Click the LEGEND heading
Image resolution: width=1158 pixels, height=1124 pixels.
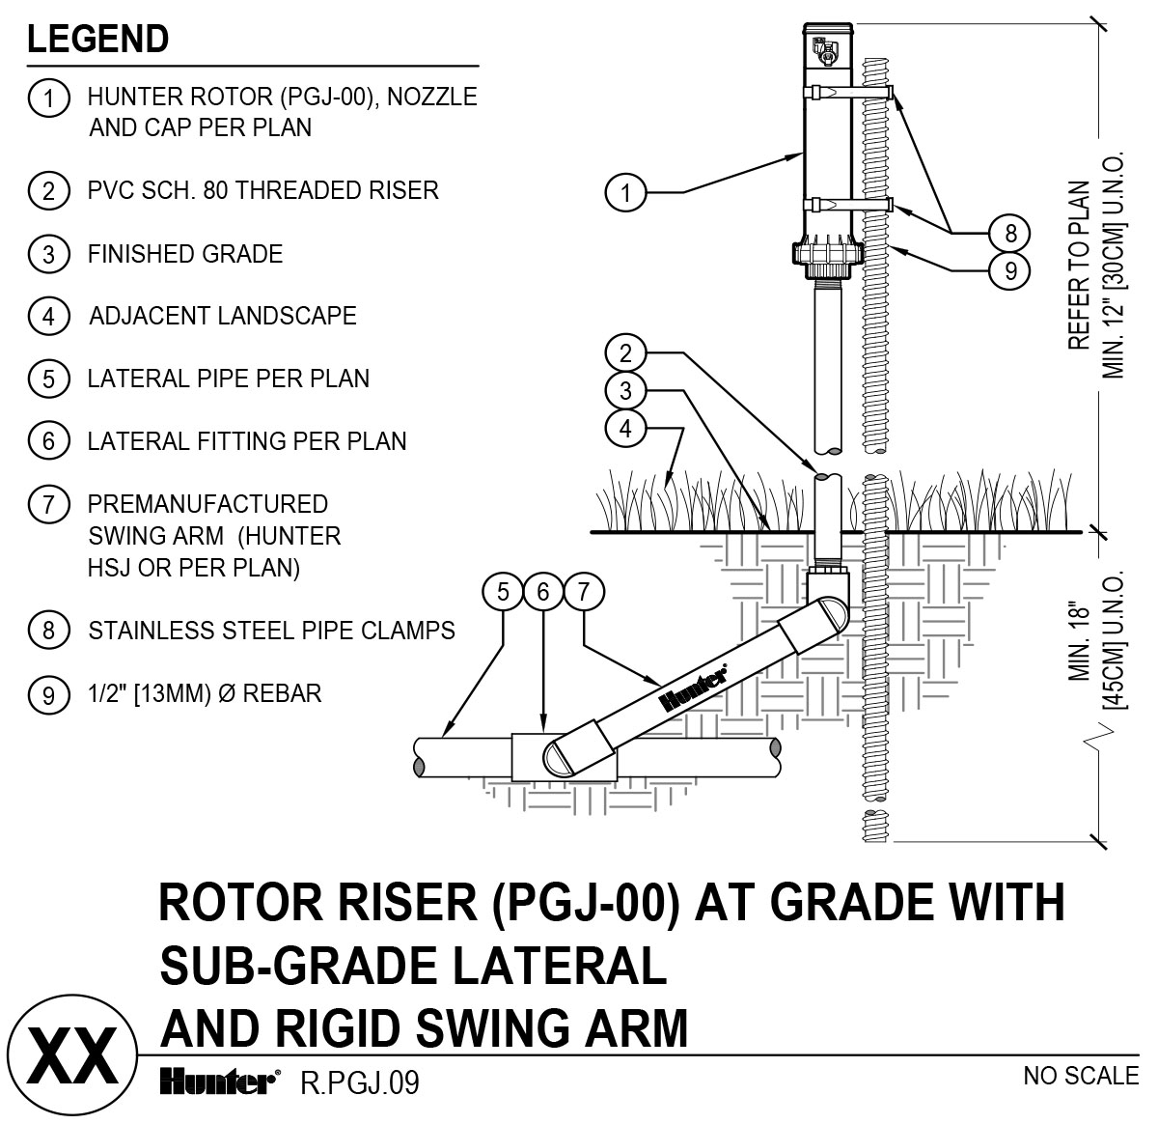click(x=98, y=40)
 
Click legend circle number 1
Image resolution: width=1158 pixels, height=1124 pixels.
click(x=48, y=98)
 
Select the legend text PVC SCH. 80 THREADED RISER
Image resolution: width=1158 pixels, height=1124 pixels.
click(x=262, y=190)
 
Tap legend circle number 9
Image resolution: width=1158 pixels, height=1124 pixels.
click(x=48, y=694)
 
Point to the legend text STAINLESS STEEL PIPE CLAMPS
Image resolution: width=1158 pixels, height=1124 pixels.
click(x=271, y=632)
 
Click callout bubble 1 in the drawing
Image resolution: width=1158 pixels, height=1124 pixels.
click(x=625, y=193)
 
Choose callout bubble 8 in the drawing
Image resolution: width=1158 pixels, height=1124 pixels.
click(x=1010, y=233)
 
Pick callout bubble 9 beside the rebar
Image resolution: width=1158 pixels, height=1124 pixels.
click(x=1010, y=270)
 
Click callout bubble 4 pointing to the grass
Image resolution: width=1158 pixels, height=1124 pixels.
click(x=625, y=427)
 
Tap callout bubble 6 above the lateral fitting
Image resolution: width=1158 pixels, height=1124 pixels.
click(x=543, y=591)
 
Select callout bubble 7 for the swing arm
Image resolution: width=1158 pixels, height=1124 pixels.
click(x=583, y=591)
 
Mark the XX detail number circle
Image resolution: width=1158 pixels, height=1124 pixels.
click(x=69, y=1058)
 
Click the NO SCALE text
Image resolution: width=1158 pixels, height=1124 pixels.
click(x=1081, y=1076)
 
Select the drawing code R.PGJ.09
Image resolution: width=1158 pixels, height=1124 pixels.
click(x=360, y=1083)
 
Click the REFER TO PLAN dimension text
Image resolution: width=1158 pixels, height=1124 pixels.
click(x=1079, y=266)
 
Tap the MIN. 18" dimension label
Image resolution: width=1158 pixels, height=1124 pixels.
click(x=1079, y=643)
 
